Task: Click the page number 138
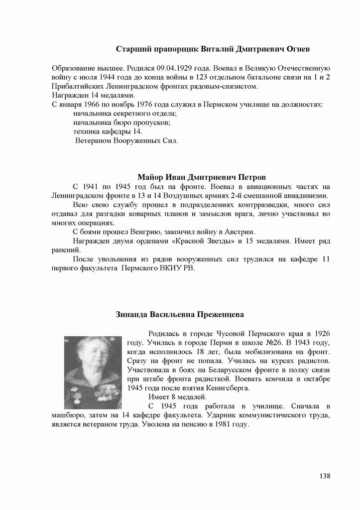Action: [x=325, y=476]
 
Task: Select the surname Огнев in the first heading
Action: [x=298, y=49]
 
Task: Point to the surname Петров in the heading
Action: [x=252, y=177]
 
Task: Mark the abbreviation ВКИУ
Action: [x=164, y=268]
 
